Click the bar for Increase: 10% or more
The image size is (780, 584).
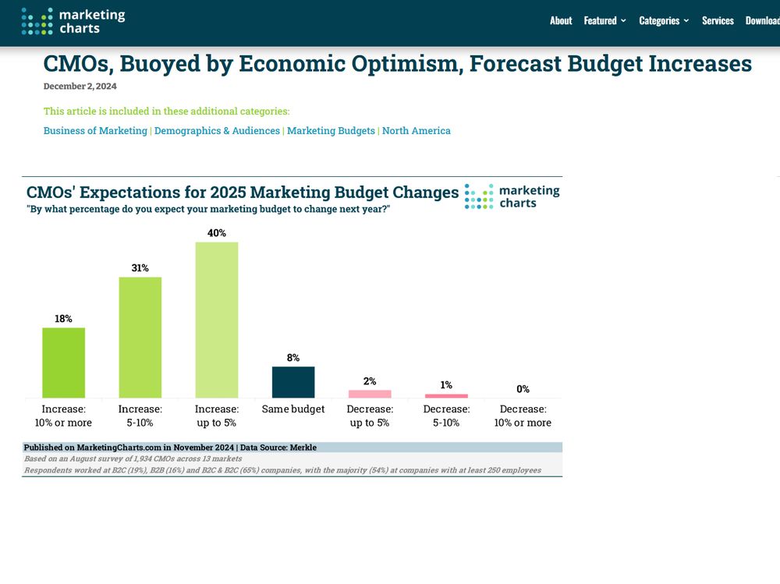click(63, 363)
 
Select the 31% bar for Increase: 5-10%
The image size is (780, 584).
click(140, 337)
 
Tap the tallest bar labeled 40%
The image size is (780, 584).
click(216, 320)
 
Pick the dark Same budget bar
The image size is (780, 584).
click(293, 382)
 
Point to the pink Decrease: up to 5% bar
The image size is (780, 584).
click(370, 394)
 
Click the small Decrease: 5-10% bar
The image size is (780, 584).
click(446, 395)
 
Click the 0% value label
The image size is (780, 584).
click(523, 389)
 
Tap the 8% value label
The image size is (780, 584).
click(293, 358)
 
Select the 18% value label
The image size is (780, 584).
click(63, 319)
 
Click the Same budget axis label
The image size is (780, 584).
click(293, 409)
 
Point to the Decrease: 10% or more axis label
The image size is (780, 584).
click(523, 416)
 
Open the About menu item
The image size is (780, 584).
click(561, 21)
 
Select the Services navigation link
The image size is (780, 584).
click(718, 21)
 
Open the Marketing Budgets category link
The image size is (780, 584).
click(331, 131)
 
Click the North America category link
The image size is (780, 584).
click(417, 131)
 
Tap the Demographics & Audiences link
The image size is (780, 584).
click(217, 131)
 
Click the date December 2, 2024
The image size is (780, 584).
click(80, 87)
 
